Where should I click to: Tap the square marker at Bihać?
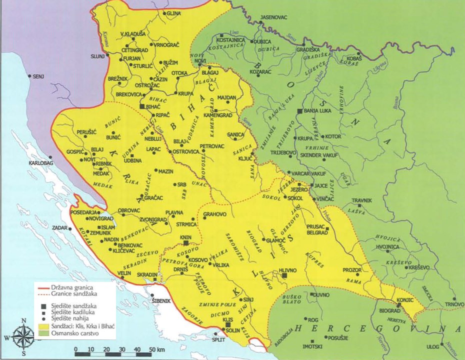tap(142, 107)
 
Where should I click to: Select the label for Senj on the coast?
tap(39, 77)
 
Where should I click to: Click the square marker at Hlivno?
tap(284, 275)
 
